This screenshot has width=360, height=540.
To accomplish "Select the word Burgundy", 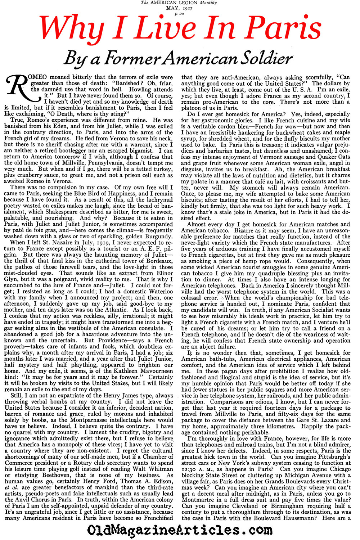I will (x=155, y=237).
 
